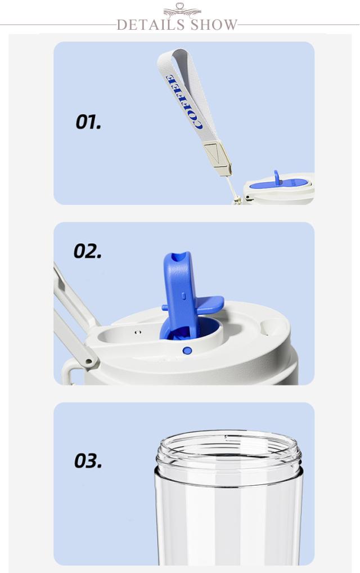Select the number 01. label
[x=88, y=122]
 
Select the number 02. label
[x=88, y=251]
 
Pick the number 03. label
[x=88, y=460]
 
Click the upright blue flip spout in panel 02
[x=179, y=292]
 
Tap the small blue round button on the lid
[x=187, y=351]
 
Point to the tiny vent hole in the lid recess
[x=138, y=332]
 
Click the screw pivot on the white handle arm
[x=88, y=361]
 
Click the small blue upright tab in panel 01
[x=277, y=177]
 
